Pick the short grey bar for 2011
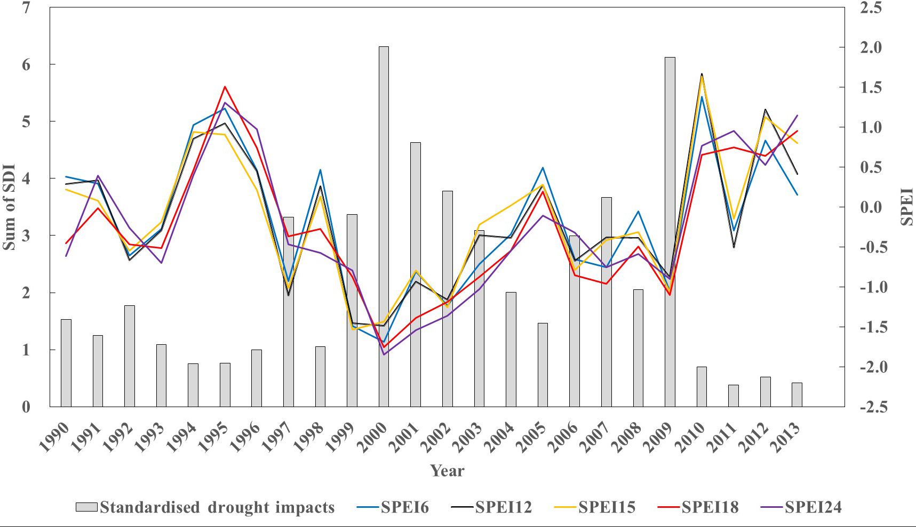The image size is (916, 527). pyautogui.click(x=734, y=395)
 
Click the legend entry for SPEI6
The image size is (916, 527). pyautogui.click(x=393, y=507)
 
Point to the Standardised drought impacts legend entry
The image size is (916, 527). pyautogui.click(x=205, y=507)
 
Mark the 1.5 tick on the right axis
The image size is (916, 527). pyautogui.click(x=874, y=87)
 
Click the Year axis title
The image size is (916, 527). pyautogui.click(x=447, y=471)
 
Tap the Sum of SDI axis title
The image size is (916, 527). pyautogui.click(x=9, y=207)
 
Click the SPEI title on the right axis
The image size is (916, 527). pyautogui.click(x=907, y=207)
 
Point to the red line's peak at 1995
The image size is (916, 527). pyautogui.click(x=225, y=86)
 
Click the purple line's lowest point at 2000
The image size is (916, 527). pyautogui.click(x=384, y=354)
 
